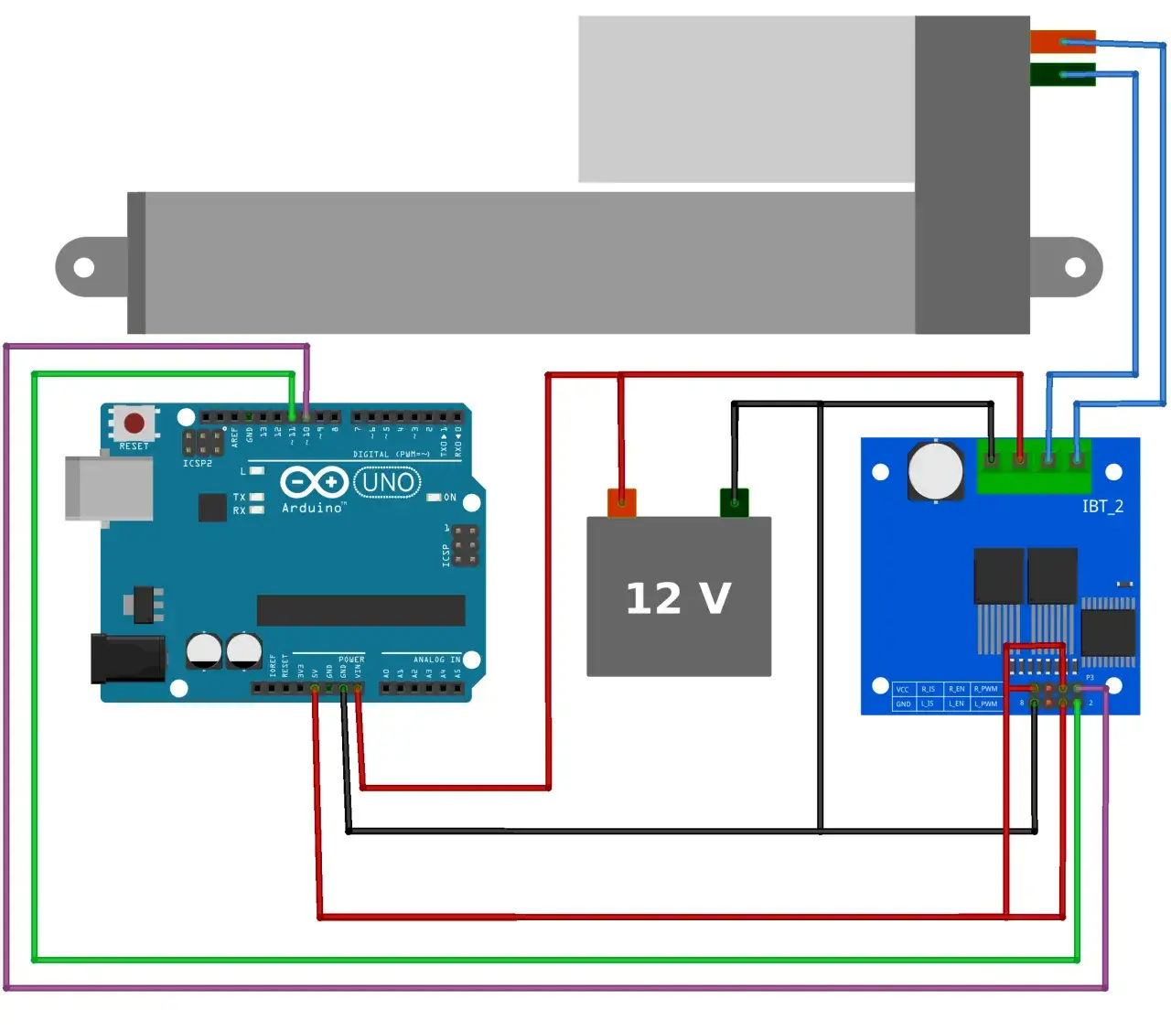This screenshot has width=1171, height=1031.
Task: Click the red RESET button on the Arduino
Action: [x=134, y=423]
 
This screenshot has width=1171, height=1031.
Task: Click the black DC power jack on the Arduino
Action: [x=127, y=658]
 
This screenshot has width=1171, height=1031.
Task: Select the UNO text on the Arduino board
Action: [x=387, y=482]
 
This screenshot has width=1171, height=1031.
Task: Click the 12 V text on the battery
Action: [x=678, y=598]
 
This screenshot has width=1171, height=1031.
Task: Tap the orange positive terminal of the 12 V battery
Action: [x=622, y=502]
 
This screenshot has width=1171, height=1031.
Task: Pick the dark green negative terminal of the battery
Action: [x=734, y=502]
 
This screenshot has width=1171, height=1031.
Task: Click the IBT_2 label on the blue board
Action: [x=1102, y=506]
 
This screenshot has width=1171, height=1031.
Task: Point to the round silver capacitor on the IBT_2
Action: [x=935, y=471]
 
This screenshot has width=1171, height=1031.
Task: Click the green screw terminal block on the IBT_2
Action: [x=1034, y=467]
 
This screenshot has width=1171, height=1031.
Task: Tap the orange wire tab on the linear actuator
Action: [x=1062, y=41]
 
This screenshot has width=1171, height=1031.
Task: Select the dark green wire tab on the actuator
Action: [x=1062, y=74]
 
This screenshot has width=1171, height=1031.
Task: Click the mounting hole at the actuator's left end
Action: [x=84, y=267]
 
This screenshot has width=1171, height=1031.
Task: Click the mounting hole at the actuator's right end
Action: [x=1075, y=267]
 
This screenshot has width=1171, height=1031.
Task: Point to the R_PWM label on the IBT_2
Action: [x=985, y=689]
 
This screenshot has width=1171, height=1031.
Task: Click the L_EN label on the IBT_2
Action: [x=956, y=703]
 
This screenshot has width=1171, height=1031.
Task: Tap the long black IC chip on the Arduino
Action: [x=360, y=610]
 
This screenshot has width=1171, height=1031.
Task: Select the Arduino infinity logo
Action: [x=314, y=481]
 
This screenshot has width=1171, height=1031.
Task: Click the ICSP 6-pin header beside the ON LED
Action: [x=465, y=545]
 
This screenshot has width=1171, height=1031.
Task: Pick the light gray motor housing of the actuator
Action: [x=746, y=99]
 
